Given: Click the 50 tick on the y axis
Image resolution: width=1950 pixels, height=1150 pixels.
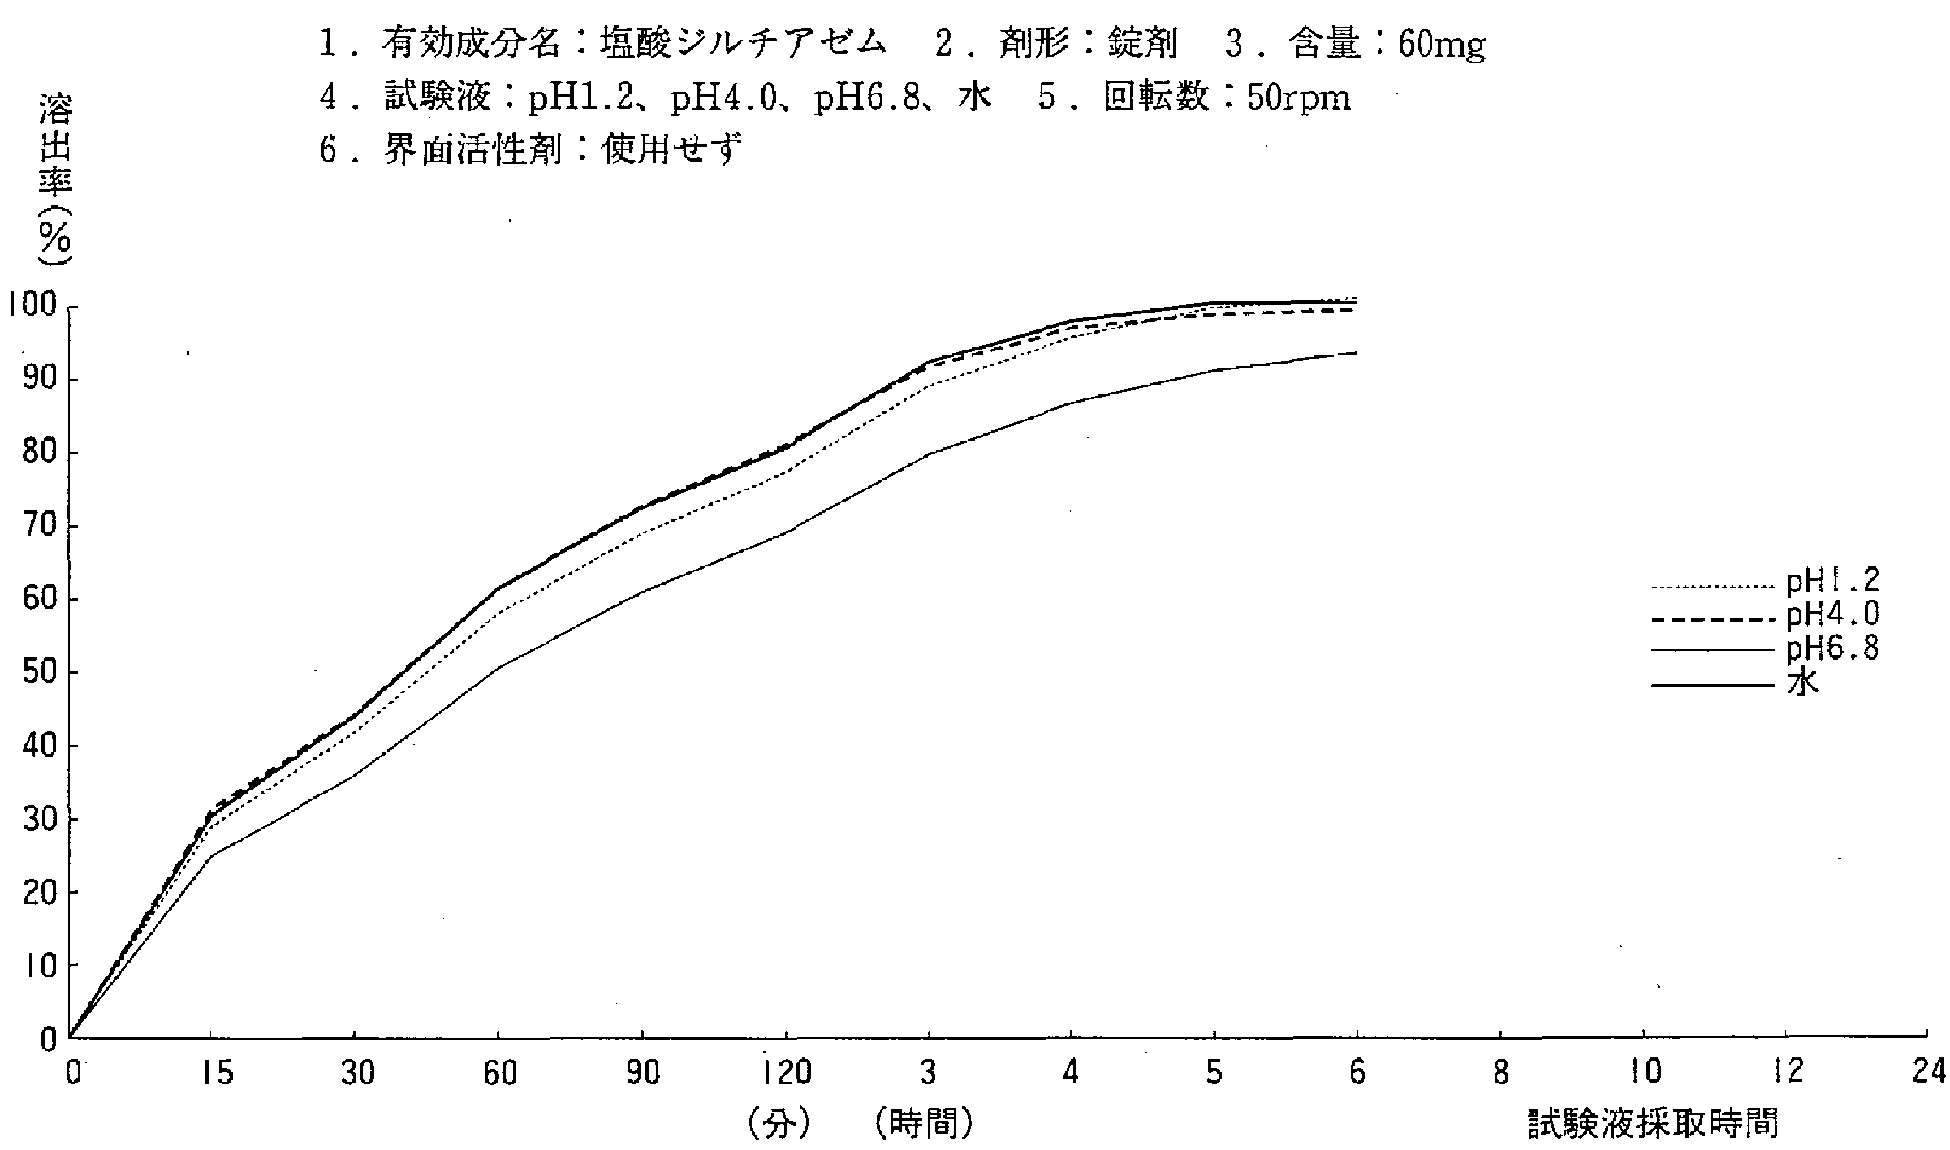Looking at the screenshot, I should click(x=38, y=672).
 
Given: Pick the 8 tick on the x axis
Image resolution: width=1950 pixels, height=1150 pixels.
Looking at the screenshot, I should click(x=1500, y=1074).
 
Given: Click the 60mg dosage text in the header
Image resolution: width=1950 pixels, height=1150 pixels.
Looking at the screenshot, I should click(x=1441, y=45).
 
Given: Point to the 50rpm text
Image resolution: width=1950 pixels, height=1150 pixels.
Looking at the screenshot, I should click(x=1298, y=99).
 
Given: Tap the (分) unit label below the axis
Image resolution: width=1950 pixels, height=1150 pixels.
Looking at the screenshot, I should click(x=778, y=1125).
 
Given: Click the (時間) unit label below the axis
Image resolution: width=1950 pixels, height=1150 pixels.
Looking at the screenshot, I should click(x=925, y=1125).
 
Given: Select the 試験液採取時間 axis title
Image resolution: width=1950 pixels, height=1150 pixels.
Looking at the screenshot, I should click(x=1653, y=1125).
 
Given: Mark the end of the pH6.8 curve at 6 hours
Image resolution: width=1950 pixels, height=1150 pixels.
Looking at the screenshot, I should click(x=1357, y=353).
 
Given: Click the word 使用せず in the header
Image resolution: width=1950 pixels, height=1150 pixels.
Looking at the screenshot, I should click(x=672, y=150).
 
